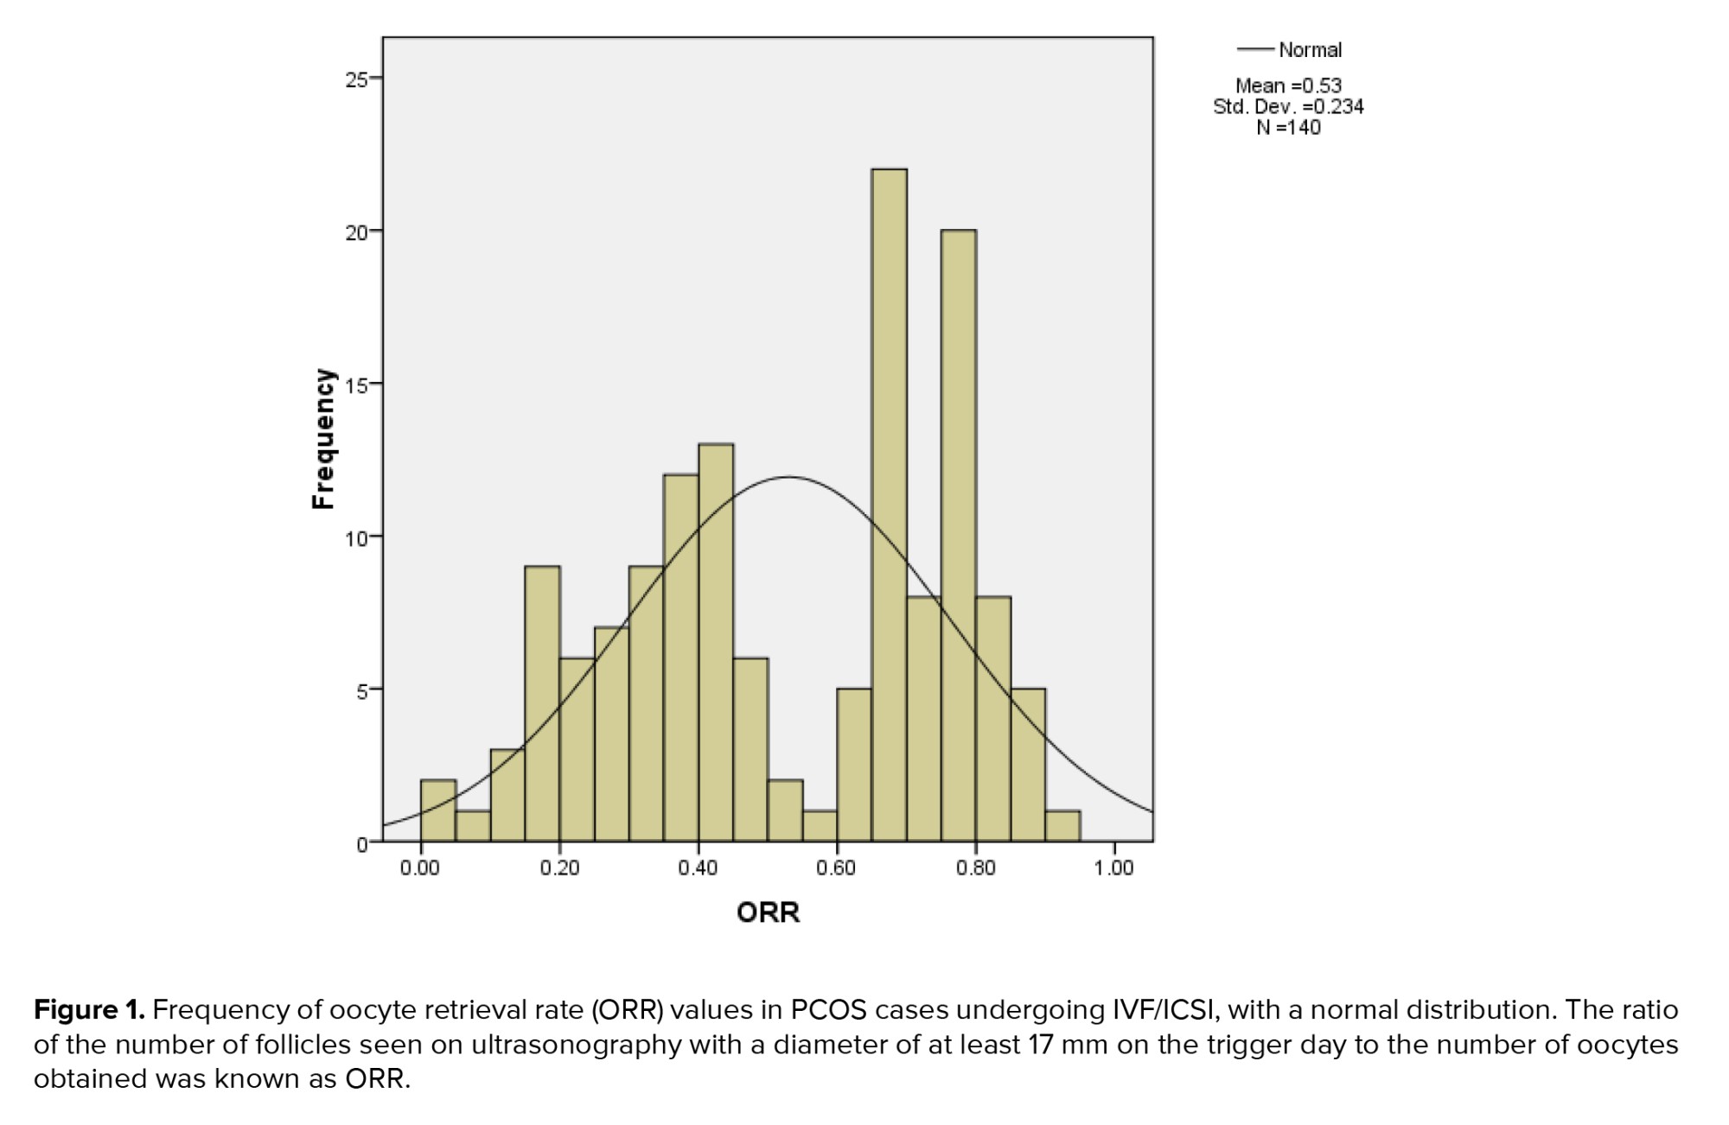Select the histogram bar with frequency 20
click(958, 536)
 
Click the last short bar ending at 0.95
click(1062, 826)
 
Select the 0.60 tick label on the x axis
click(836, 868)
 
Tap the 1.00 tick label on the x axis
click(1113, 868)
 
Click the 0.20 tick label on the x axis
click(559, 868)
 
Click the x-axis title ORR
click(768, 912)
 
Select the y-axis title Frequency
click(322, 439)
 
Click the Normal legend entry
click(1309, 50)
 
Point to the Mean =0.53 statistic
click(1288, 86)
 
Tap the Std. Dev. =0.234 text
click(1288, 106)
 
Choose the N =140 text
click(1288, 127)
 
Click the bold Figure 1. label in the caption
click(89, 1009)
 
